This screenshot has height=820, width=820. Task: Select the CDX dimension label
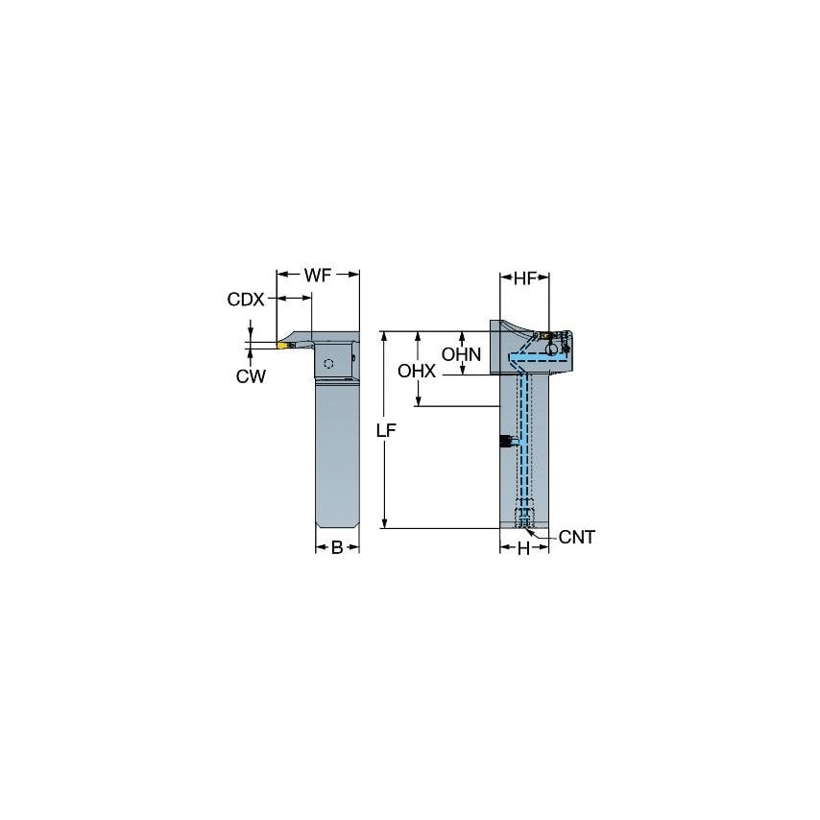pos(245,300)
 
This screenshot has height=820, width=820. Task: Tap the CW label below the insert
pos(251,376)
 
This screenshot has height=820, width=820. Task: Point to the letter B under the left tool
pos(337,548)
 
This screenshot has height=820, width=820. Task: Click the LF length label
pos(386,431)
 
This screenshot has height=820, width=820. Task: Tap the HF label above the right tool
pos(524,278)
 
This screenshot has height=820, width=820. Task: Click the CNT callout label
pos(576,538)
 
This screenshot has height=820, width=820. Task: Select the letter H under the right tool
pos(523,548)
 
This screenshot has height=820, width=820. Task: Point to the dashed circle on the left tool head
pos(329,364)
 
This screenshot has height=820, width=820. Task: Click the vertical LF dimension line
pos(383,480)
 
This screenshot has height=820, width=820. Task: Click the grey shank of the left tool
pos(337,451)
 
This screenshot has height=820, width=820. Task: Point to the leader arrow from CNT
pos(543,534)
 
